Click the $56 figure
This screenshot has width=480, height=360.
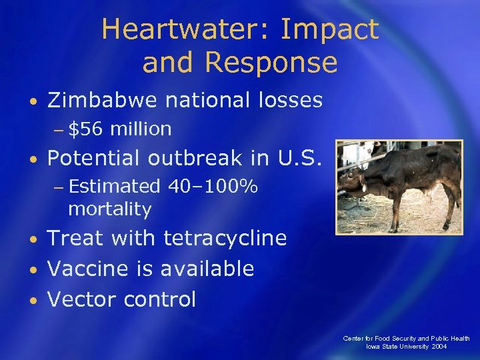point(84,129)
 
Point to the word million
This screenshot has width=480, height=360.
point(141,129)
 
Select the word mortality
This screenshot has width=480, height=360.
point(110,209)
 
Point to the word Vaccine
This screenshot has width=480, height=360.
point(85,269)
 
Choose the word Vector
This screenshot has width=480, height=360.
point(80,299)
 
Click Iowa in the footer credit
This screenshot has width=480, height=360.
point(373,347)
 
